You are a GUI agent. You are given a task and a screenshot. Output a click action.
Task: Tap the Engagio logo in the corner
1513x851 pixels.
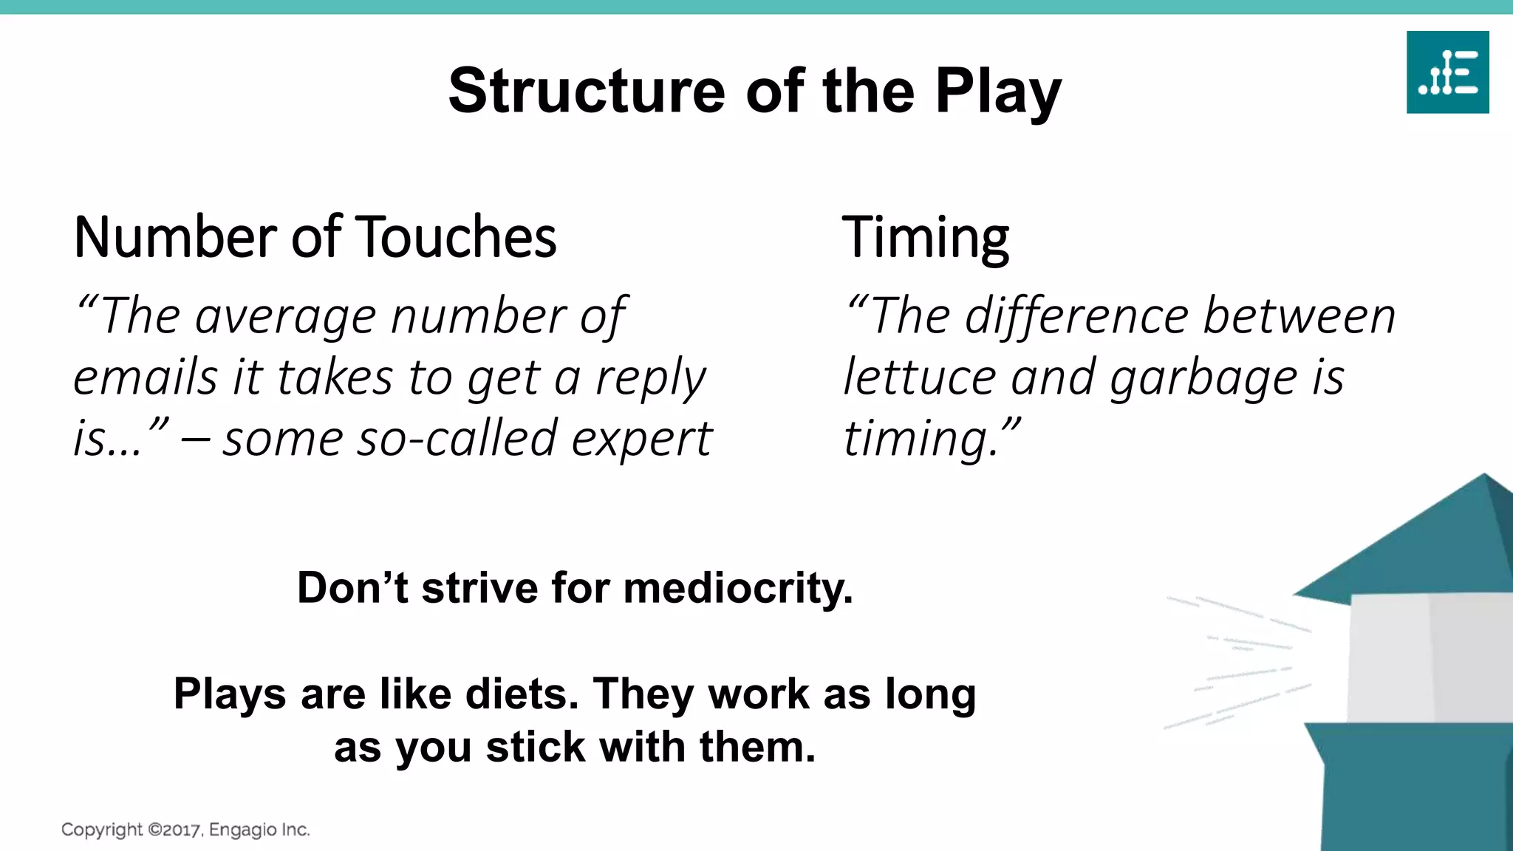1447,72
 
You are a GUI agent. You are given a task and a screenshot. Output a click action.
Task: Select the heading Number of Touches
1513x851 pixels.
315,237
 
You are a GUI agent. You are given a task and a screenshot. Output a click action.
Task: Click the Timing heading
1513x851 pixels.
925,237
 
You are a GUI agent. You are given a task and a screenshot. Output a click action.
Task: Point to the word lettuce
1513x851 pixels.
919,377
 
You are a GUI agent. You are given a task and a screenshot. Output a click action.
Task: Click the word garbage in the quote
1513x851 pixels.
1203,378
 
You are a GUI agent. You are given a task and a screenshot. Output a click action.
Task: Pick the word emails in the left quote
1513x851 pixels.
145,377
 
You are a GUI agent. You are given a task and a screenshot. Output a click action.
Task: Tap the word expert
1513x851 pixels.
641,440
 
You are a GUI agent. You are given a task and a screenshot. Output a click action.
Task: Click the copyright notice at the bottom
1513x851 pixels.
185,830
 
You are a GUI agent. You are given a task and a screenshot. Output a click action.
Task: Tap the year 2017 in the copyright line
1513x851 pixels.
182,830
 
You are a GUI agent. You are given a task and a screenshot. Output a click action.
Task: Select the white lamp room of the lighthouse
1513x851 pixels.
1426,657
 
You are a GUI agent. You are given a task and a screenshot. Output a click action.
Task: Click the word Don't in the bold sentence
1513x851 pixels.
352,588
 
